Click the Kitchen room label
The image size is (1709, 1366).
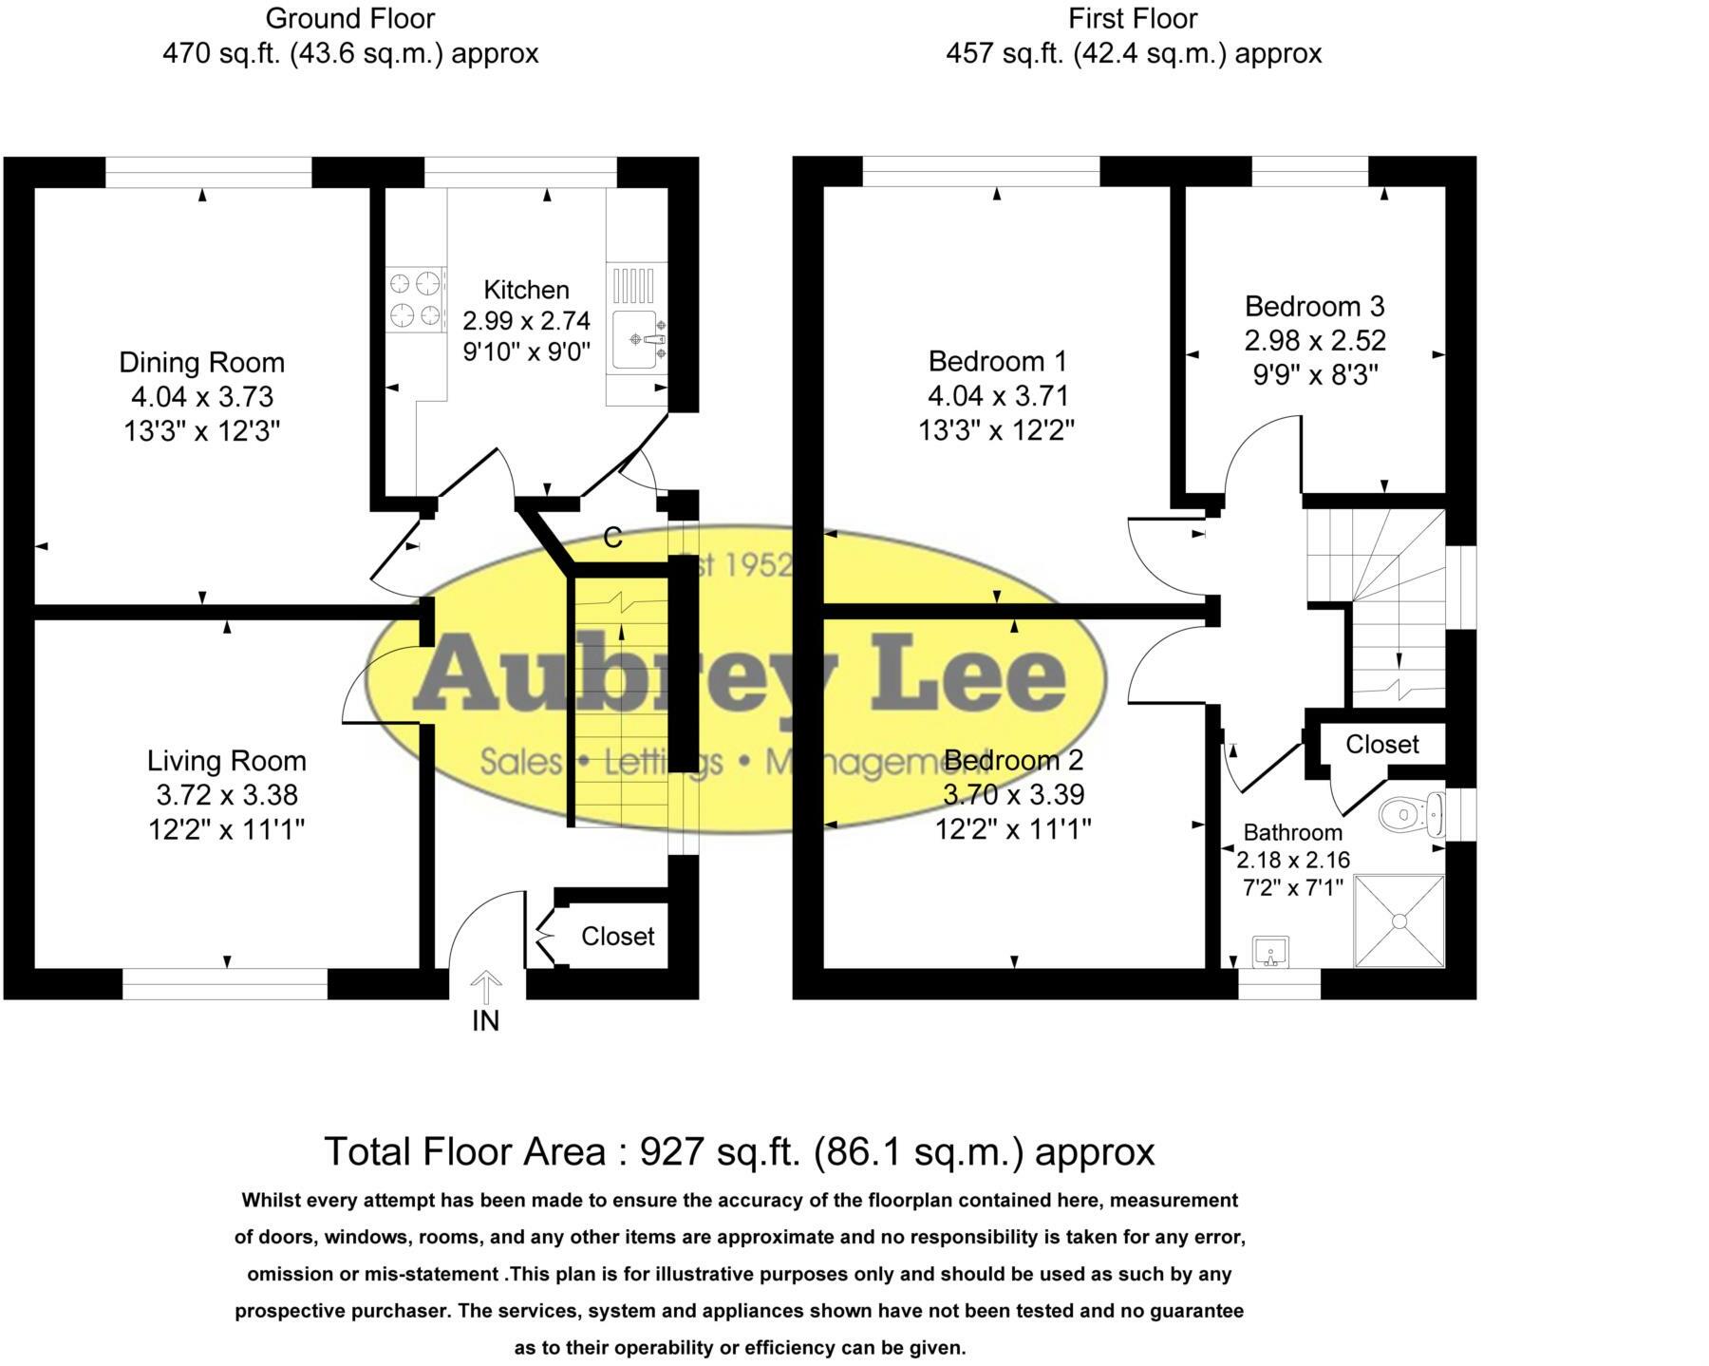(x=526, y=290)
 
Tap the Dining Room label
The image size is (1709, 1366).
(x=201, y=362)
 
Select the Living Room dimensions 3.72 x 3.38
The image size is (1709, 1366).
(x=227, y=794)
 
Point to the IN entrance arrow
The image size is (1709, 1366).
(x=486, y=988)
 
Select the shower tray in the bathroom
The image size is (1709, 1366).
(x=1399, y=920)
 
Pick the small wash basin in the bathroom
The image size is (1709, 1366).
(x=1269, y=951)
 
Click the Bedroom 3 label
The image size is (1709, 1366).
(x=1314, y=306)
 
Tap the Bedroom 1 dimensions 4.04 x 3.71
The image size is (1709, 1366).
(x=998, y=395)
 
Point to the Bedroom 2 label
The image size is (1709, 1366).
(x=1013, y=760)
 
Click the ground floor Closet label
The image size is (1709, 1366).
(x=617, y=937)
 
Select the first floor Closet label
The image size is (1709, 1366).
(x=1381, y=744)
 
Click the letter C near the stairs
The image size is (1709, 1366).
(x=612, y=538)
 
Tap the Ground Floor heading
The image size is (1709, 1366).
(x=350, y=18)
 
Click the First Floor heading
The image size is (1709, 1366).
(x=1133, y=18)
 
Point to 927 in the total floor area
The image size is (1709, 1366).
(x=671, y=1151)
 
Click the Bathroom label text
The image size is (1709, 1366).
(x=1292, y=832)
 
